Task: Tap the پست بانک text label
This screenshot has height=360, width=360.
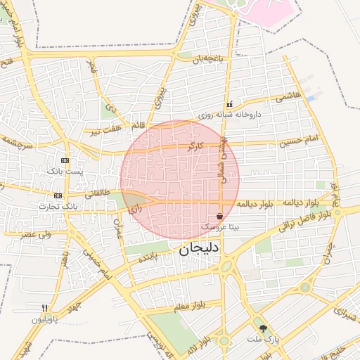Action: (65, 172)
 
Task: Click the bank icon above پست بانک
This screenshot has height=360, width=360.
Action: (65, 160)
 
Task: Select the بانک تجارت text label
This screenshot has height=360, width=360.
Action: (57, 206)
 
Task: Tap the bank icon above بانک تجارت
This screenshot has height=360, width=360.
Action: (58, 195)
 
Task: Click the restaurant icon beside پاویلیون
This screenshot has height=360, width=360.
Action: (44, 308)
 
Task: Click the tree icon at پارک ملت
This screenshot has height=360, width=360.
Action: (264, 328)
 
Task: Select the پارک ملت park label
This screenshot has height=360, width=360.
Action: (263, 339)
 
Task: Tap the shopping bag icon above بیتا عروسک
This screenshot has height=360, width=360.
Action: (220, 216)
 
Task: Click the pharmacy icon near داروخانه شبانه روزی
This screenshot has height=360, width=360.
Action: (229, 104)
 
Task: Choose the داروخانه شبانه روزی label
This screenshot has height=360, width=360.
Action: (229, 114)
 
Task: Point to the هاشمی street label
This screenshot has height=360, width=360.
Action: (289, 96)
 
